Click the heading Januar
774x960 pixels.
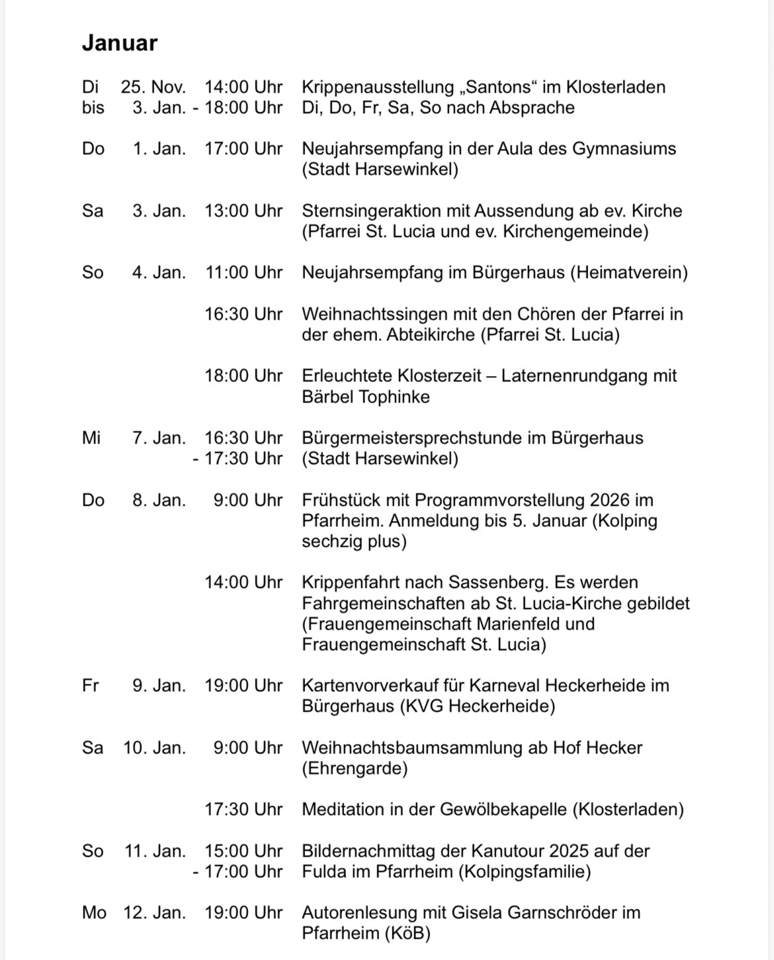pos(120,43)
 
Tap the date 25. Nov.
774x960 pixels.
pos(153,87)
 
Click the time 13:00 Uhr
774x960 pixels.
pos(243,211)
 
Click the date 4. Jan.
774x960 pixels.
pos(159,272)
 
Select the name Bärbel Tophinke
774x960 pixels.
pos(366,397)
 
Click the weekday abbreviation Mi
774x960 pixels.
pos(91,438)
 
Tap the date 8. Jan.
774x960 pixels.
pos(159,500)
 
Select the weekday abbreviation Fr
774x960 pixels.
pos(90,685)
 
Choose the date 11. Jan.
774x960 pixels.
pos(155,851)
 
